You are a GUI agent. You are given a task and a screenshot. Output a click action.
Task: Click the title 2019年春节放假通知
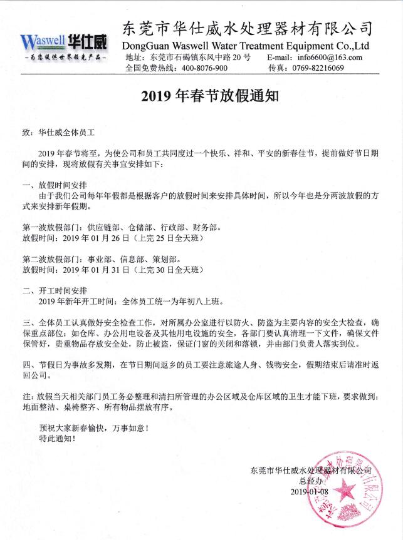coord(201,96)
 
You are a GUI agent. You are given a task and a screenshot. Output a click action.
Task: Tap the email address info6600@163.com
coord(330,57)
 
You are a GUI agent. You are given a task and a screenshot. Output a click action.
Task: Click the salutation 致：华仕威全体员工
coord(58,133)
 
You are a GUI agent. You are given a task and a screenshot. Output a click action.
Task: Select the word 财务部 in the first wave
coord(206,228)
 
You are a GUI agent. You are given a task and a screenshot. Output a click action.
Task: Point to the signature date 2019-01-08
coord(310,492)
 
